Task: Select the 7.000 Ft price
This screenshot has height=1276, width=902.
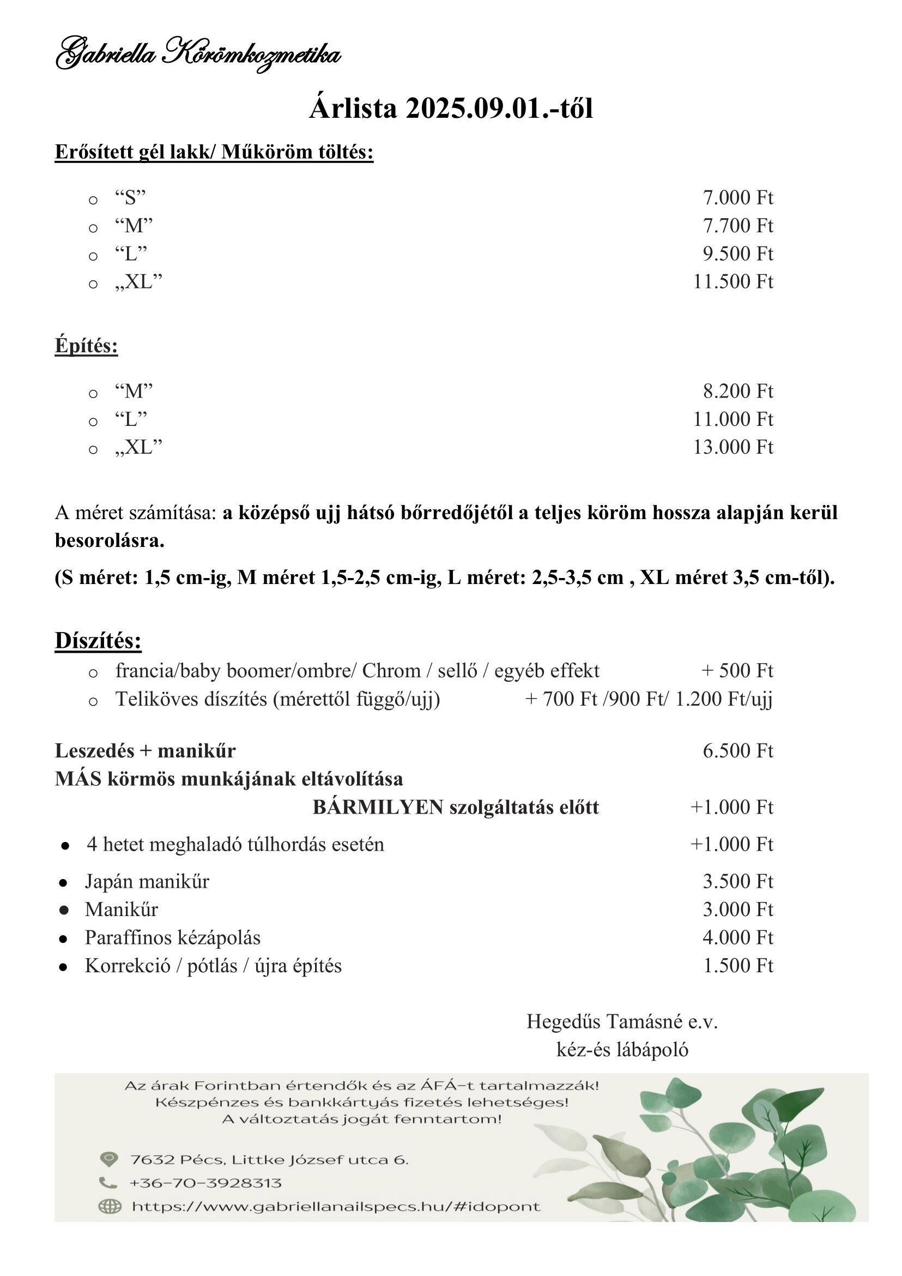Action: tap(738, 197)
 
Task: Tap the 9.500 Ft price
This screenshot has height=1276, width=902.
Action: tap(738, 254)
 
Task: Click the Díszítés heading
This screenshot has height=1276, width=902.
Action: tap(98, 641)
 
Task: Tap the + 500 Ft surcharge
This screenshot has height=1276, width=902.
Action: tap(737, 671)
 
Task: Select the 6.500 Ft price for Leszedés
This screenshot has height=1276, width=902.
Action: tap(738, 751)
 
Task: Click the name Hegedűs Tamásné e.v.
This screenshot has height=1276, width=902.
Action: tap(622, 1021)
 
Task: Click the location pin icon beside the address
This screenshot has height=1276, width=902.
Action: tap(109, 1159)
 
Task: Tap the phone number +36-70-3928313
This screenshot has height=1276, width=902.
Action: tap(205, 1183)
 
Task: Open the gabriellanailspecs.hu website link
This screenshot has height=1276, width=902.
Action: tap(336, 1207)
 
